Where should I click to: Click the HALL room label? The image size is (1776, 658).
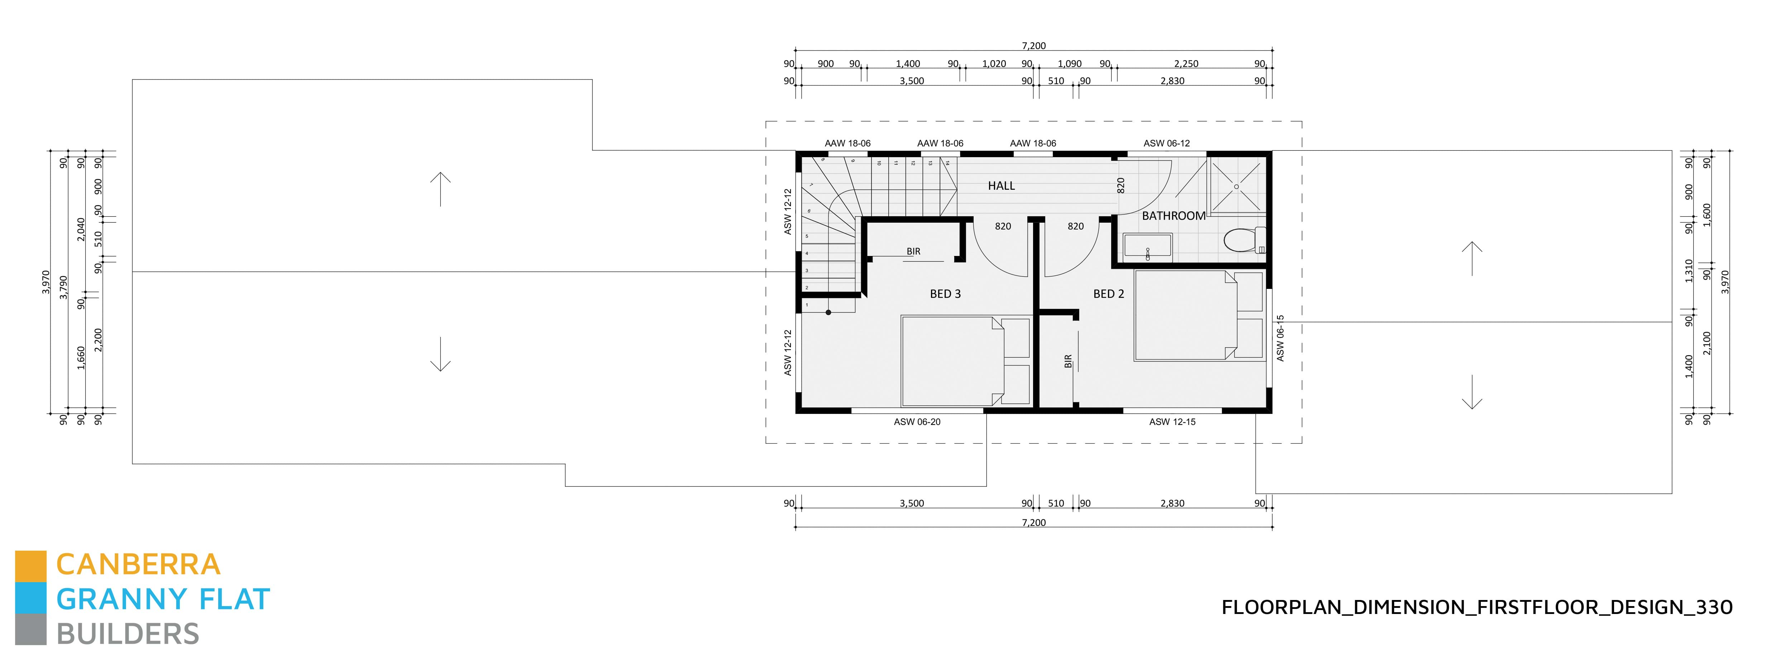tap(1001, 185)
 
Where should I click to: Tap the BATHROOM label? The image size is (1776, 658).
tap(1173, 216)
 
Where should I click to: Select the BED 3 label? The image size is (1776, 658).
tap(945, 294)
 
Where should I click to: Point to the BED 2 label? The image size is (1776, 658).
tap(1109, 294)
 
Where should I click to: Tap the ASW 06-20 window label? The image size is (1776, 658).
tap(917, 422)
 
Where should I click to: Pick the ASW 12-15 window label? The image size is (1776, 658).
tap(1172, 422)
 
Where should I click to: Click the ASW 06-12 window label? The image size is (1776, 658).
tap(1167, 143)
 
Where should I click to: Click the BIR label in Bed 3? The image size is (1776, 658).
tap(913, 251)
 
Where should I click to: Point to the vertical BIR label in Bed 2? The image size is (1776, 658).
tap(1068, 361)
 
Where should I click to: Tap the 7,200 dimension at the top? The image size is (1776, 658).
tap(1033, 45)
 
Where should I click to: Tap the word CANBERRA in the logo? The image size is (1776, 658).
tap(138, 565)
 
